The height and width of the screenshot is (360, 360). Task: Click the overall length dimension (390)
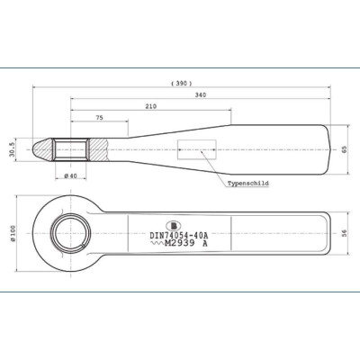pos(182,84)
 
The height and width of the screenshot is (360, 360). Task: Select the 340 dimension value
pos(201,95)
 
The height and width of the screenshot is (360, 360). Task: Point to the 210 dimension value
pos(151,106)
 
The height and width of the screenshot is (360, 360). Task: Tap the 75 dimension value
pos(100,118)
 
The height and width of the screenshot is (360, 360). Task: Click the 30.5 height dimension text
pos(12,149)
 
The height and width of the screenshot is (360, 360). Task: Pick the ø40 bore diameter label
pos(71,175)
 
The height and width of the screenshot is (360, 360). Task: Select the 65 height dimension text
pos(344,149)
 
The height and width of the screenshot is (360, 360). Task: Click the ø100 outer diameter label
pos(13,233)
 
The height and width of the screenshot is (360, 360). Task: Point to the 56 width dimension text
pos(344,233)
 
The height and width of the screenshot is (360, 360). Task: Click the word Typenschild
pos(247,184)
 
